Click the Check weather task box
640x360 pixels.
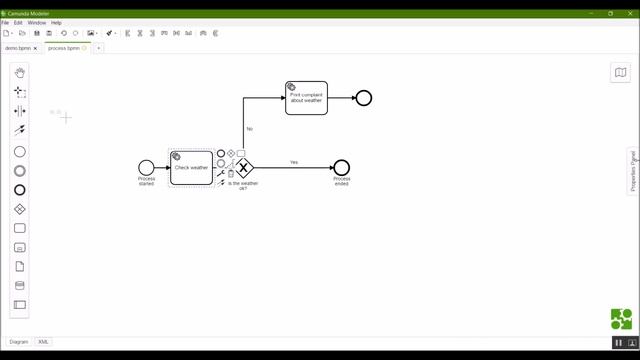pos(191,168)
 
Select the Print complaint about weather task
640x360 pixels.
pos(306,98)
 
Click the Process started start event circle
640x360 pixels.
pos(147,168)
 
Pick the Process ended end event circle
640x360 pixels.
pos(341,168)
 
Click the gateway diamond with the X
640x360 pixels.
pos(244,168)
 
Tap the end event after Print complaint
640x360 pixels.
pos(364,98)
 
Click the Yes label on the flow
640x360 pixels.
pos(294,162)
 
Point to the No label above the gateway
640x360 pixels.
pos(249,129)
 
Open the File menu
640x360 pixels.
pos(5,22)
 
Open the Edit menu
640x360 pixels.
pos(18,22)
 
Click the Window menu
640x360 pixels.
pos(36,22)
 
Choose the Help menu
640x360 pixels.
pos(56,22)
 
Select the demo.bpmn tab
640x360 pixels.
pos(19,48)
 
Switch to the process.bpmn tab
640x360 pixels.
pos(63,48)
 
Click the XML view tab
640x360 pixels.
pos(44,342)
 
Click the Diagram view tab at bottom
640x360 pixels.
pos(19,342)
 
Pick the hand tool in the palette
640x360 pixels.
pos(20,72)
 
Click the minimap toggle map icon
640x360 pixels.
pos(620,72)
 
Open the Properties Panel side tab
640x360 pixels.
pos(633,171)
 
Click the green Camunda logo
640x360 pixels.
pos(621,319)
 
